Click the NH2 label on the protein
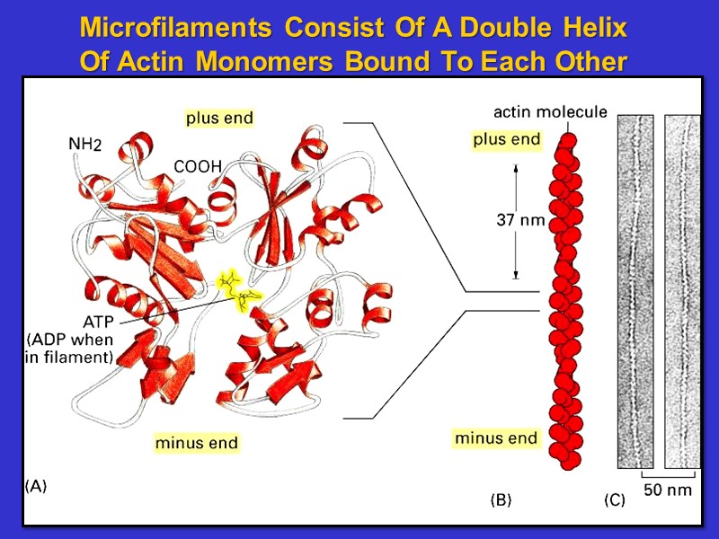coord(91,145)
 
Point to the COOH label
coord(197,166)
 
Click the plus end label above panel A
coord(219,118)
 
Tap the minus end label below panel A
coord(197,443)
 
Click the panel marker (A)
coord(36,486)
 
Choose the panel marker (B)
coord(500,500)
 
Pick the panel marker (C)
coord(614,500)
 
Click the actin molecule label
coord(550,112)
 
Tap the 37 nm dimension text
coord(520,220)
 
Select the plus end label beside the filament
coord(507,139)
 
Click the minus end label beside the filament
coord(496,438)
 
